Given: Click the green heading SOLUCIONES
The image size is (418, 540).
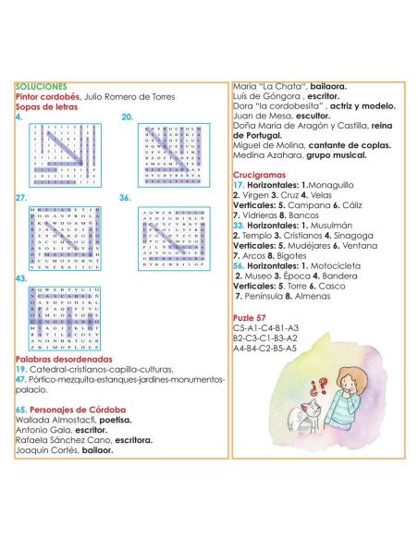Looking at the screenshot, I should (x=41, y=85).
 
